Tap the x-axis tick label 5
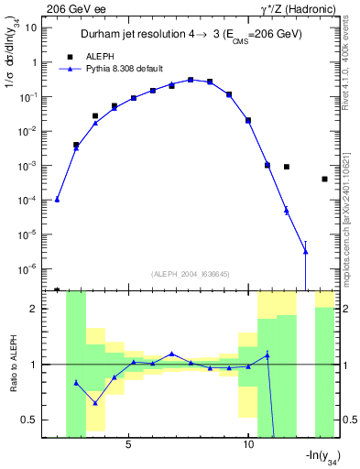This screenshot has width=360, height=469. [x=128, y=444]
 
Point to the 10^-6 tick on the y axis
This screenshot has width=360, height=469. [x=27, y=269]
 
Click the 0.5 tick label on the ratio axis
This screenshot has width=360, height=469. [x=31, y=420]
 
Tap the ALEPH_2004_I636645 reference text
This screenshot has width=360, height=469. [x=190, y=273]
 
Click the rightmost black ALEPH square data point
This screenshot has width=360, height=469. [x=324, y=179]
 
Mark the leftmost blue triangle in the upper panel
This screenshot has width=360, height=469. [x=57, y=199]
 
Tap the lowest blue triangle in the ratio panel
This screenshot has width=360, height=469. [x=94, y=403]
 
